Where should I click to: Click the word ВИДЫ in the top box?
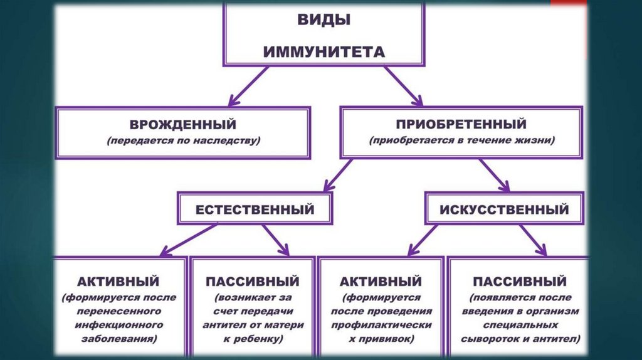pyautogui.click(x=324, y=19)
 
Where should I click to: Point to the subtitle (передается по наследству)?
pyautogui.click(x=183, y=141)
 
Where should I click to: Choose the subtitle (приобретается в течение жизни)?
pyautogui.click(x=461, y=141)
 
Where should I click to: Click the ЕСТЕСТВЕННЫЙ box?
pyautogui.click(x=255, y=209)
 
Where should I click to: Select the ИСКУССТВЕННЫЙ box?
pyautogui.click(x=505, y=209)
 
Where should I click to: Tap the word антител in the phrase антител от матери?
pyautogui.click(x=224, y=325)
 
